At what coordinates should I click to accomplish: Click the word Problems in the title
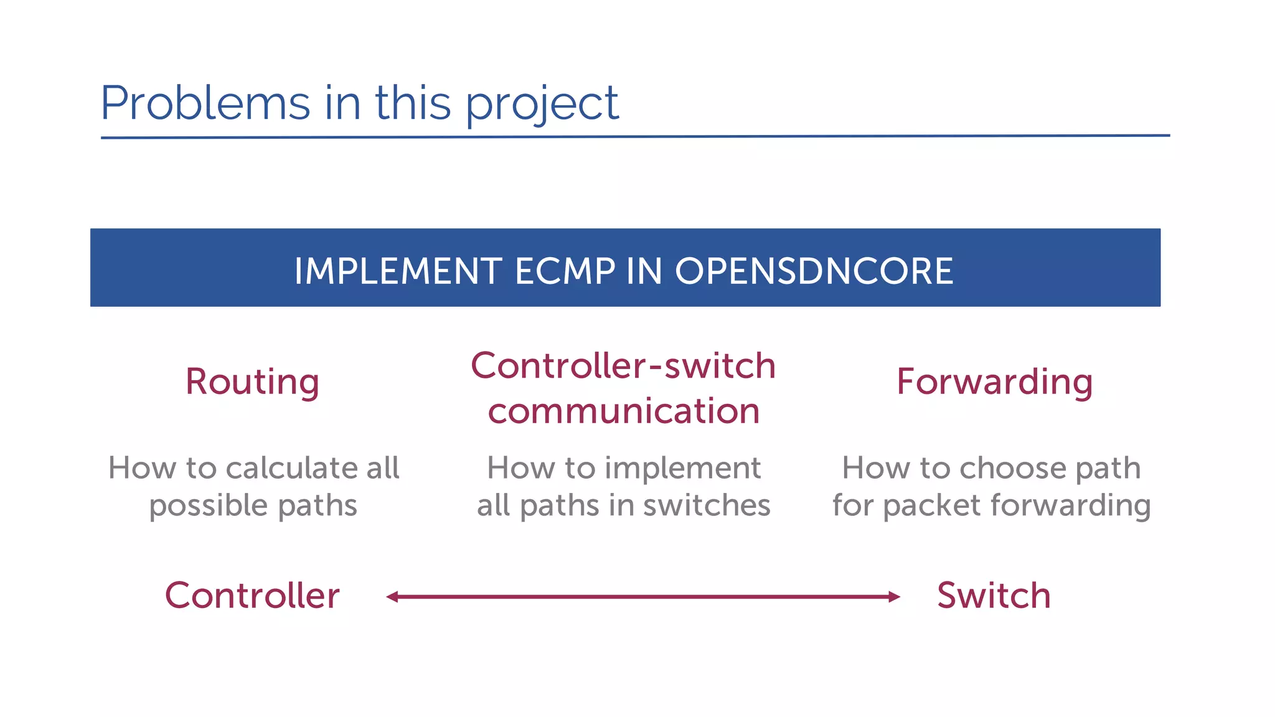205,103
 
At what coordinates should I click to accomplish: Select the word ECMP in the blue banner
565,271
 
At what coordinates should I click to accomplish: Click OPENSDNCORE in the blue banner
814,271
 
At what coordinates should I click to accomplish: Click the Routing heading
252,382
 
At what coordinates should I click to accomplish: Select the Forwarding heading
994,382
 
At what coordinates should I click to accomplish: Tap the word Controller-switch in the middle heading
623,365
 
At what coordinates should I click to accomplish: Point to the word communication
624,411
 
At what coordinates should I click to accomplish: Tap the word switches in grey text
707,505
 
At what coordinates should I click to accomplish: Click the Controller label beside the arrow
252,596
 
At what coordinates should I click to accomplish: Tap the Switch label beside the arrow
994,596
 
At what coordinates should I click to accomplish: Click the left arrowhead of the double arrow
392,597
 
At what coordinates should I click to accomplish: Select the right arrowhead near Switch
895,597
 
